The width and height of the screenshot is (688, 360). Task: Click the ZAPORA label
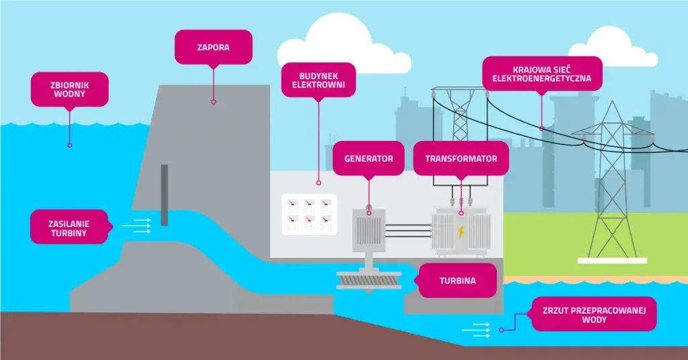tap(214, 48)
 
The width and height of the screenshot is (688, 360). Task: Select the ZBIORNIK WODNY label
tap(69, 89)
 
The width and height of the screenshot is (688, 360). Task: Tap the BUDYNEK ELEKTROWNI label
tap(318, 81)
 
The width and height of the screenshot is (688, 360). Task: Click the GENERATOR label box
tap(368, 159)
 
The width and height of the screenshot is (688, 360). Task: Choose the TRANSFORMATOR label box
tap(461, 159)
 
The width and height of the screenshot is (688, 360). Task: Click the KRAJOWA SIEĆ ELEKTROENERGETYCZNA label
tap(542, 74)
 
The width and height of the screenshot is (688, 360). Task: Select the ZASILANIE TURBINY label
tap(69, 227)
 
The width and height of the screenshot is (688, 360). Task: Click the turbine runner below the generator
tap(368, 279)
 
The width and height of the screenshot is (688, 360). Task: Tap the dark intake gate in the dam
tap(164, 195)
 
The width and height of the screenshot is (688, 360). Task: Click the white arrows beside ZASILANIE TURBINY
tap(141, 226)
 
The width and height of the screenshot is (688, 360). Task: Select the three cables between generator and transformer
tap(408, 230)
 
